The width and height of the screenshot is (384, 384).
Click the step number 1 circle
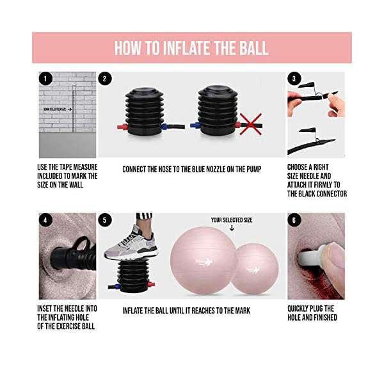(45, 79)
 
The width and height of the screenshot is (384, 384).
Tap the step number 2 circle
(105, 79)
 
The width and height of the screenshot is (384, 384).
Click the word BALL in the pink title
(252, 48)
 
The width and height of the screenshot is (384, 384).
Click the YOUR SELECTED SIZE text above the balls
(231, 220)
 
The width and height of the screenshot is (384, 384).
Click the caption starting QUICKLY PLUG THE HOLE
(312, 313)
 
